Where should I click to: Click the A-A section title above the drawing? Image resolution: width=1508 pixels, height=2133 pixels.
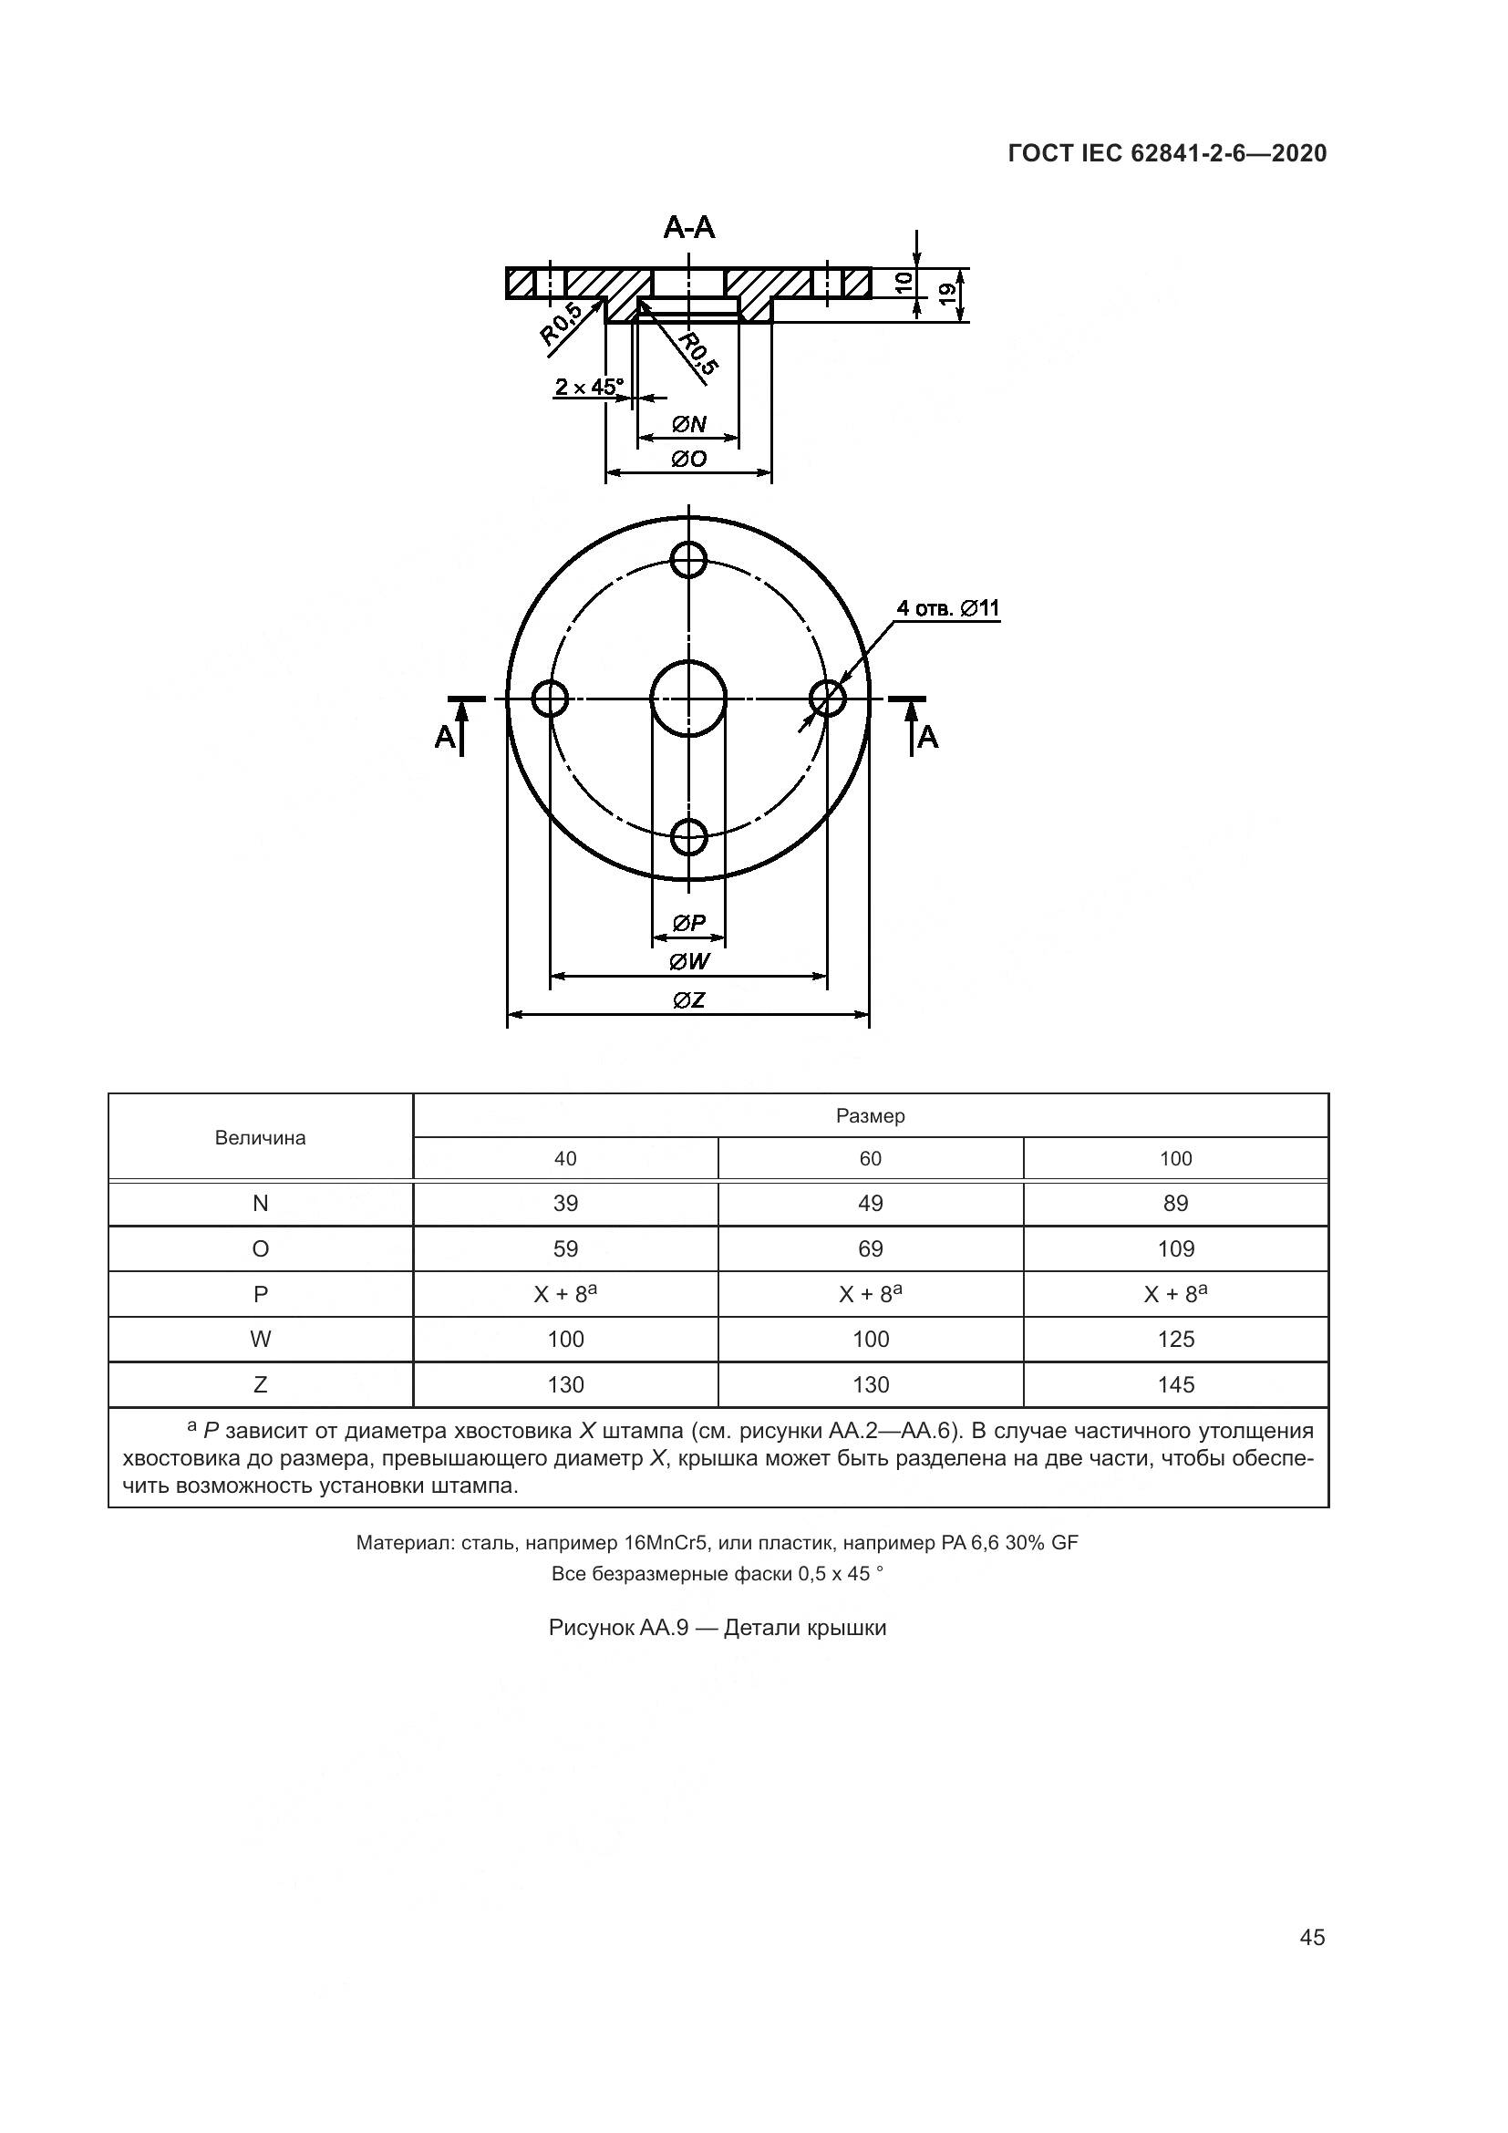click(x=689, y=227)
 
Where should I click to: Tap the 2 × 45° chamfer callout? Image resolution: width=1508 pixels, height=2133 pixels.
click(x=590, y=387)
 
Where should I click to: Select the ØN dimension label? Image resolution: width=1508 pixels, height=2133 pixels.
click(x=689, y=425)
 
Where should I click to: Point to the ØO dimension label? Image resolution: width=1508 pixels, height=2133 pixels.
click(x=689, y=459)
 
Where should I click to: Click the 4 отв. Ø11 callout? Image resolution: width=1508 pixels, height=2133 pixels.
click(x=947, y=608)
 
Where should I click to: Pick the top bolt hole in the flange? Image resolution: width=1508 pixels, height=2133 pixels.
click(x=689, y=559)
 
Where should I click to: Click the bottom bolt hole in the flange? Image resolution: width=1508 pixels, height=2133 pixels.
click(x=689, y=837)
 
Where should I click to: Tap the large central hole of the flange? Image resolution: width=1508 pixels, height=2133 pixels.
click(x=689, y=698)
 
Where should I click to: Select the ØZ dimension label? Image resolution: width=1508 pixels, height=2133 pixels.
click(x=689, y=1000)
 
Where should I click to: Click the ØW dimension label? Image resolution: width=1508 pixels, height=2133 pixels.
click(x=689, y=961)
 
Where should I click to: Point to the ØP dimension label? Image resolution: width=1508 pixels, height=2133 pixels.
click(x=689, y=923)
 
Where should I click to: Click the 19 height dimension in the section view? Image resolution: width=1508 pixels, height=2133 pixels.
click(x=947, y=295)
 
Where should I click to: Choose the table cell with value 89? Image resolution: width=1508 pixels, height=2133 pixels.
click(x=1175, y=1204)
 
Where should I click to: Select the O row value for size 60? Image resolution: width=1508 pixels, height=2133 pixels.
click(x=870, y=1249)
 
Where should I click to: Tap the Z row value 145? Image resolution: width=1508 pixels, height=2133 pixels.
click(x=1175, y=1385)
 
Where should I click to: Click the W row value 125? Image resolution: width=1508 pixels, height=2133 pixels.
click(x=1175, y=1340)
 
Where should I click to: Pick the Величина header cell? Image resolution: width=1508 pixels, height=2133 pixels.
click(x=260, y=1138)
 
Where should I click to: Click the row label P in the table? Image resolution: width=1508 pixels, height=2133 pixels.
click(x=260, y=1295)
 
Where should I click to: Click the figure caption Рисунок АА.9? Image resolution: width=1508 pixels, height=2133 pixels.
click(x=717, y=1629)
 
